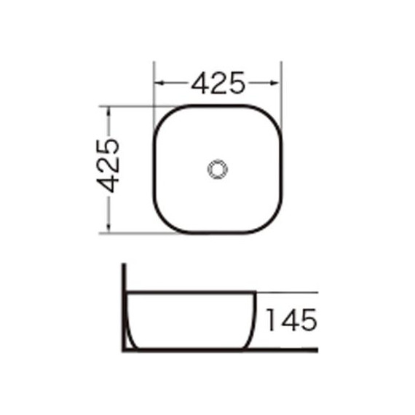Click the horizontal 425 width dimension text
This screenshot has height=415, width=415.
pyautogui.click(x=217, y=84)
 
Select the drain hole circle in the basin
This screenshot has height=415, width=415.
pyautogui.click(x=217, y=170)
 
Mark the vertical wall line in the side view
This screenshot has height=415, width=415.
pyautogui.click(x=125, y=306)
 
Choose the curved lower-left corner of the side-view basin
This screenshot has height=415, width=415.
pyautogui.click(x=133, y=339)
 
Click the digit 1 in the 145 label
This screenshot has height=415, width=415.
pyautogui.click(x=269, y=319)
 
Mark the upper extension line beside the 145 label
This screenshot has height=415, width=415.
pyautogui.click(x=288, y=293)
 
